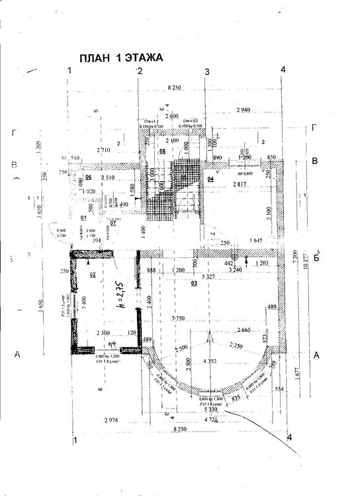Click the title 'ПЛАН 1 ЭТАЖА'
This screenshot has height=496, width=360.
point(120,58)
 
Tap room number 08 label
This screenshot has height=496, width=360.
point(162,151)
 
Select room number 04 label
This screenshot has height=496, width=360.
point(210,179)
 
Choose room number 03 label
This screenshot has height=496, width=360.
point(195,283)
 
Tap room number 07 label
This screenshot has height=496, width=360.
point(113,223)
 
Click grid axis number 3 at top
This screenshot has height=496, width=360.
point(206,71)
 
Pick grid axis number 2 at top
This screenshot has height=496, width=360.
point(140,70)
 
